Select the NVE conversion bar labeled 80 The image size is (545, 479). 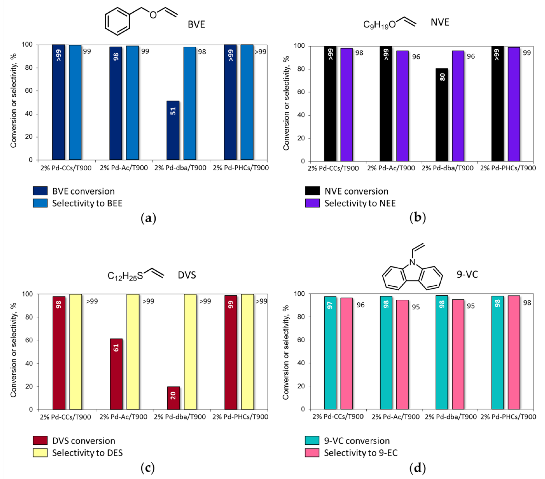tap(442, 115)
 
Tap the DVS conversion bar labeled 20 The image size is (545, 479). tap(173, 398)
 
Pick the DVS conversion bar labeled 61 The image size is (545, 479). tap(116, 374)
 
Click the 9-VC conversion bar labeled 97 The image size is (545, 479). tap(330, 352)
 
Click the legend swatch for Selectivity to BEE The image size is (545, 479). tap(40, 203)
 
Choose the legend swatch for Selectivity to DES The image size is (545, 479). tap(40, 453)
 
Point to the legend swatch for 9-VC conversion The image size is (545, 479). tap(312, 441)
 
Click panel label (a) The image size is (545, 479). tap(148, 218)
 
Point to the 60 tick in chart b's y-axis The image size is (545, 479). tap(301, 92)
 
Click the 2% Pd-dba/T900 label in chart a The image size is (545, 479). tap(180, 168)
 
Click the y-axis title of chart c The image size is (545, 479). tap(13, 350)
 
